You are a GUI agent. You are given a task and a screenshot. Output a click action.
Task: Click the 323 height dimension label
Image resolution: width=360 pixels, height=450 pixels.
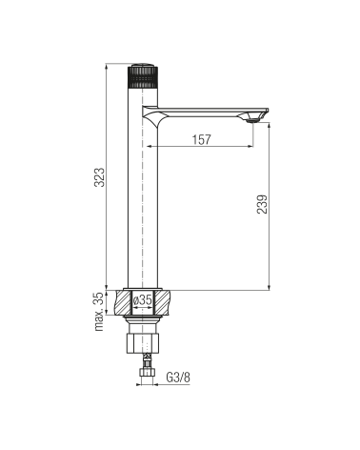pos(100,177)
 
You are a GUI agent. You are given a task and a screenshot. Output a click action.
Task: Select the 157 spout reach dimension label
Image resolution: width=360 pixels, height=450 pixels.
pos(202,139)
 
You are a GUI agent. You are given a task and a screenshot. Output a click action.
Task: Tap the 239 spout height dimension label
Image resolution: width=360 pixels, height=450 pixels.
pos(263,204)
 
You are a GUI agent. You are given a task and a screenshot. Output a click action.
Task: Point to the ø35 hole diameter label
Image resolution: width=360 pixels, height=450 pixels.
pos(143,299)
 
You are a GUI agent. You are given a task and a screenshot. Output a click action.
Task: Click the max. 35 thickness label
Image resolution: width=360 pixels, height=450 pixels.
pos(100,312)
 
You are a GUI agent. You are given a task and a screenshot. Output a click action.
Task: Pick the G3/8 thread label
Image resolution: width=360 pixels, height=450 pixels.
pos(178,378)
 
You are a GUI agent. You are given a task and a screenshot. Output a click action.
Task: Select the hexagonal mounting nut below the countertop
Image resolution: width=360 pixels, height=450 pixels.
pos(143,343)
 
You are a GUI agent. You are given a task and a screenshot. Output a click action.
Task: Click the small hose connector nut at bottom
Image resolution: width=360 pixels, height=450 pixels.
pos(147,372)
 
